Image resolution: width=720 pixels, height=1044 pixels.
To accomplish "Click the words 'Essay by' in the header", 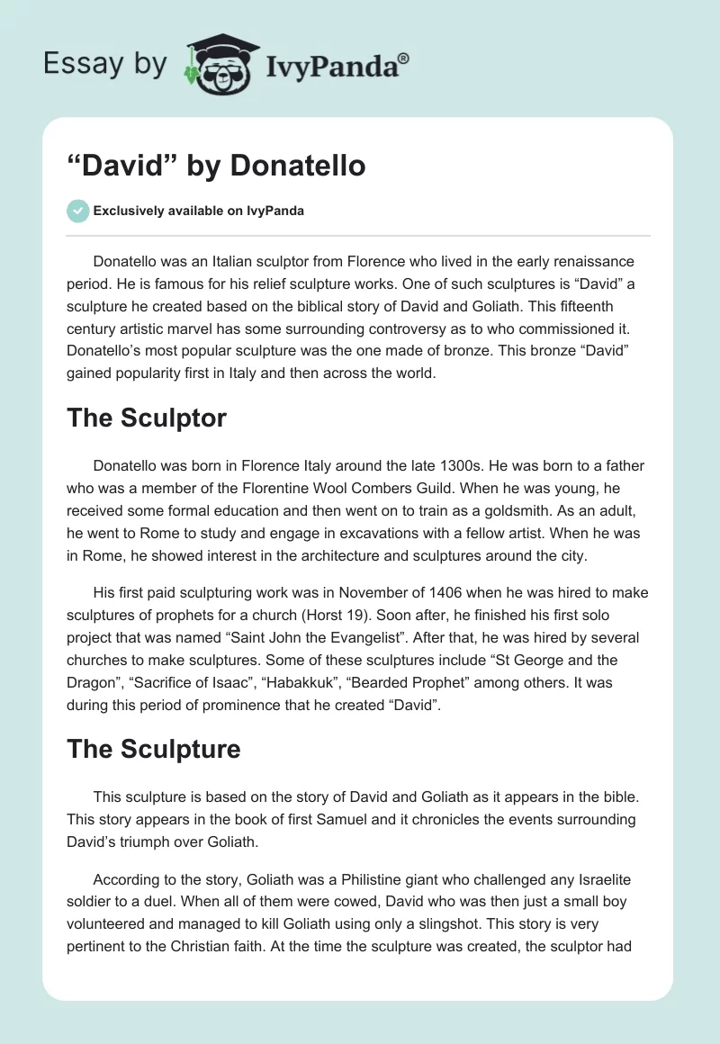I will click(105, 64).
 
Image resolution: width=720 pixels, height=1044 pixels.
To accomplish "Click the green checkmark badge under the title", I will click(77, 211).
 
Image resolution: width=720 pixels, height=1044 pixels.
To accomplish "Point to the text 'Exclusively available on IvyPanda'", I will click(199, 211).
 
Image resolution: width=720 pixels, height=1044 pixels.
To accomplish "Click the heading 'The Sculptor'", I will click(147, 418).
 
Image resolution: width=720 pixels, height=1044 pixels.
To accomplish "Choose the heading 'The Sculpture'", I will click(154, 749).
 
